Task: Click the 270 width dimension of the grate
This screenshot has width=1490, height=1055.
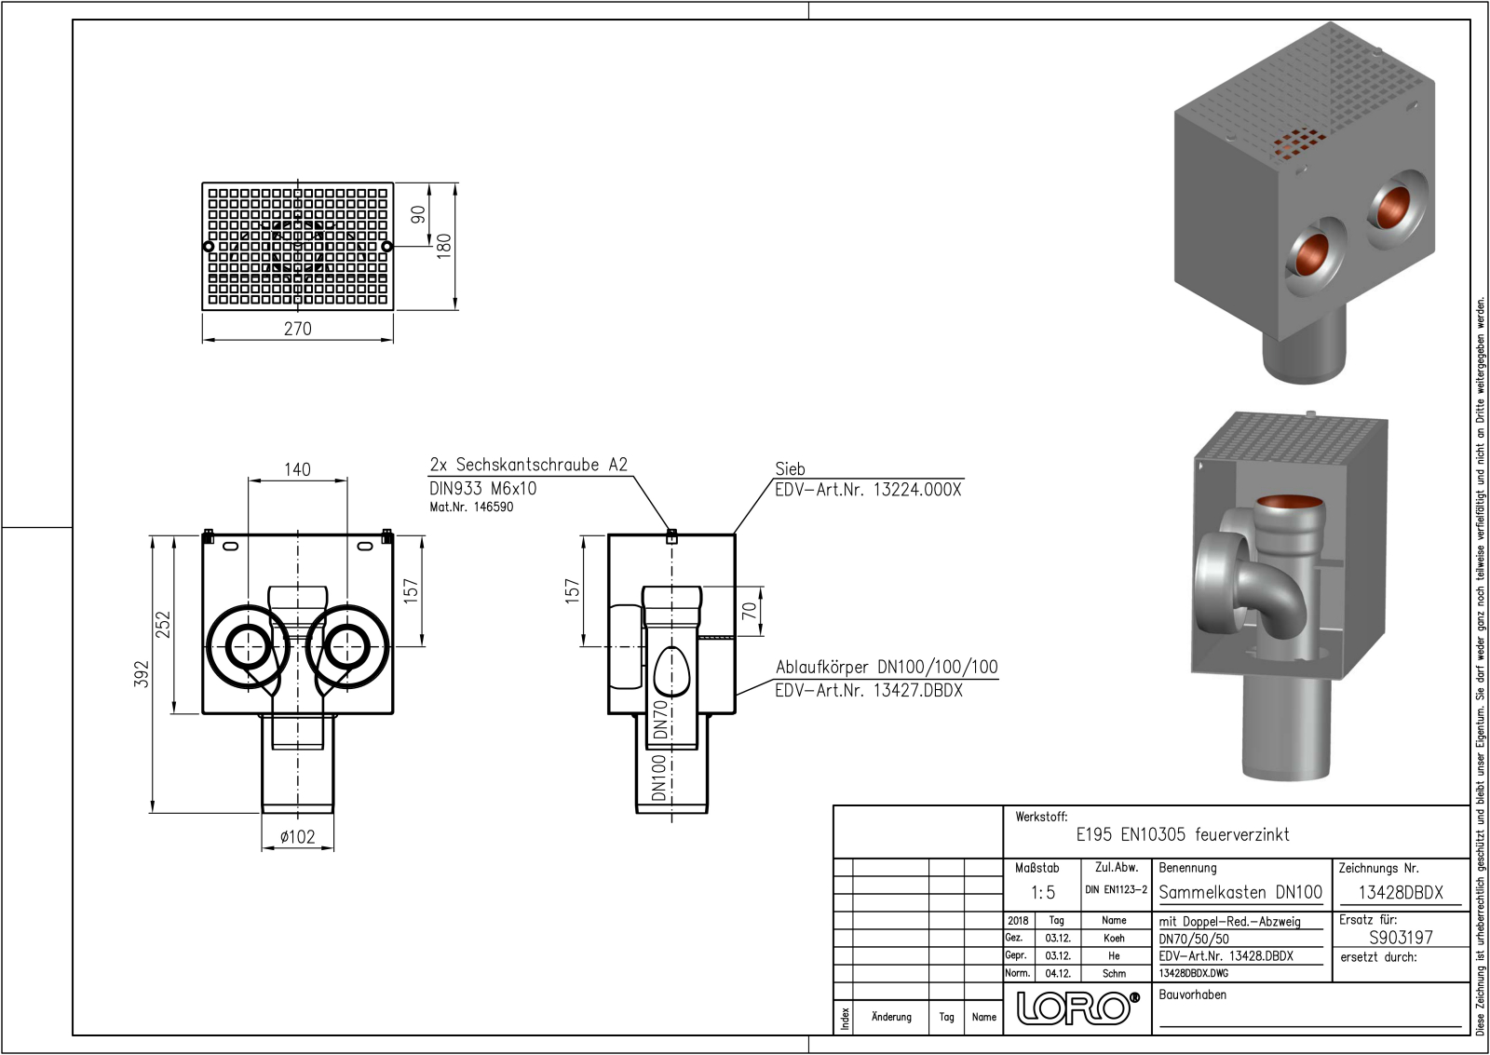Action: (297, 329)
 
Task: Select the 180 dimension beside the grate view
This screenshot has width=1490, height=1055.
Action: (443, 246)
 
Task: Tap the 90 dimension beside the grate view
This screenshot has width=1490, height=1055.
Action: (418, 214)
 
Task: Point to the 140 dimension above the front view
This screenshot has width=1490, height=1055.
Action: (297, 469)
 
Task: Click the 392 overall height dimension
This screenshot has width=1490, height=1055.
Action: (142, 674)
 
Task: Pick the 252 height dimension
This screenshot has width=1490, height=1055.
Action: (163, 625)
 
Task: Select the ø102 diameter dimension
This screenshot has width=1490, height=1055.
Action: (297, 837)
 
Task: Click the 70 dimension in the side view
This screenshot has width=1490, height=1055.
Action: (749, 611)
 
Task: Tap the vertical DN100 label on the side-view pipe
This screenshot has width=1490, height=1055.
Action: (658, 778)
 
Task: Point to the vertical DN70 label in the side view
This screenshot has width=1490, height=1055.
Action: (660, 719)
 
